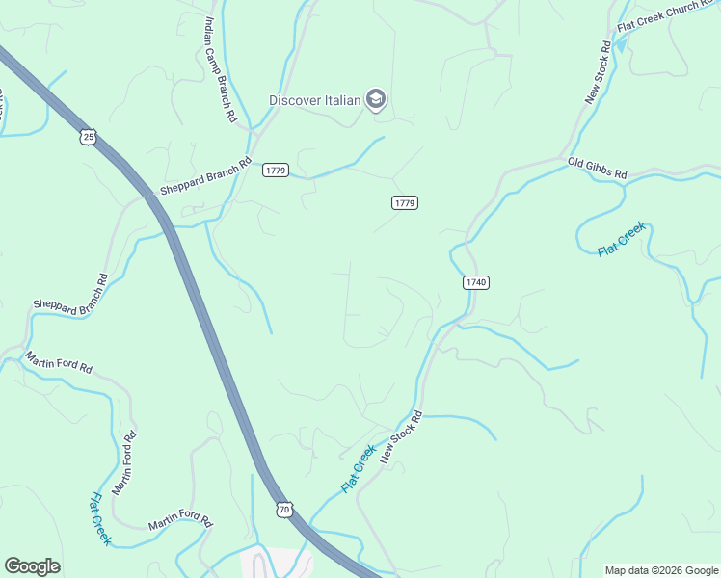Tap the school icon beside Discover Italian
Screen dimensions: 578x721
(x=376, y=100)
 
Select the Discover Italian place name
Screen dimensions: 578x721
(x=314, y=100)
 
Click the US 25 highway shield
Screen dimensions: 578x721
(x=89, y=138)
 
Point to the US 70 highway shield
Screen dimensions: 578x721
(x=283, y=509)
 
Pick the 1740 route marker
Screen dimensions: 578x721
(x=476, y=282)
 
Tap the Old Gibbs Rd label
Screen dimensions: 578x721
(x=598, y=169)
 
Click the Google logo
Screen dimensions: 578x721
(x=32, y=566)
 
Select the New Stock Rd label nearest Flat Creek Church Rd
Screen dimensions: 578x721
(x=598, y=71)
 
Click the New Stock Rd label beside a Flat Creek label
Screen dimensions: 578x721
(x=401, y=438)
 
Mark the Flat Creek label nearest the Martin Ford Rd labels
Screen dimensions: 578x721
(x=100, y=519)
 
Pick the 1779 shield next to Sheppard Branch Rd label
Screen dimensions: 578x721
(x=276, y=171)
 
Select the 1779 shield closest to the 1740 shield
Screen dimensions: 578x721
(x=405, y=202)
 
